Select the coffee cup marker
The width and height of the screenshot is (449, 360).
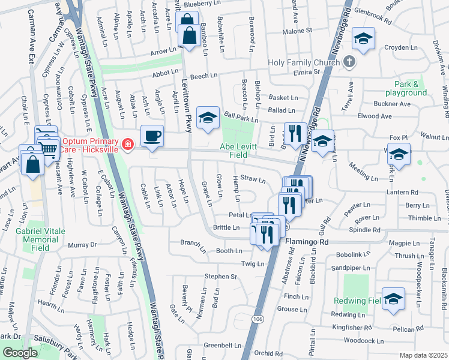click(x=152, y=136)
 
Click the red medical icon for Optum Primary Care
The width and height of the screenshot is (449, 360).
click(x=127, y=144)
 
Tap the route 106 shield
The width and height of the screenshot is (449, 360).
click(x=258, y=318)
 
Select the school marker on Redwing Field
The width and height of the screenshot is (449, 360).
click(x=393, y=299)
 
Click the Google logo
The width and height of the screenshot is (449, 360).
click(x=20, y=353)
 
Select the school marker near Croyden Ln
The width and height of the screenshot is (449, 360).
click(x=363, y=39)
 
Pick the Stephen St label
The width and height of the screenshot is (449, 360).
click(x=221, y=277)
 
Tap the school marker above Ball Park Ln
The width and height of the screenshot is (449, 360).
click(x=208, y=118)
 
